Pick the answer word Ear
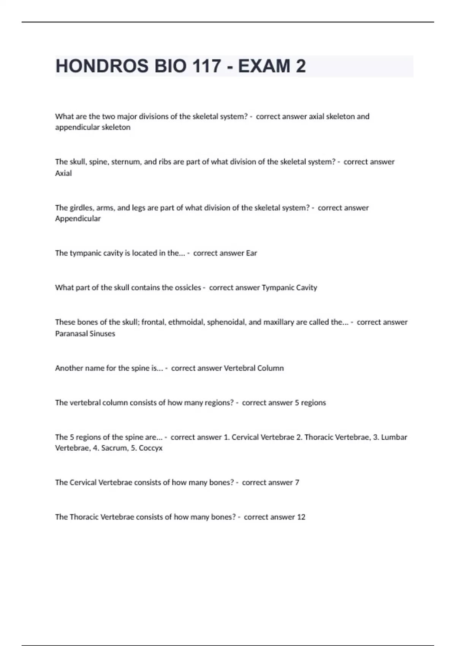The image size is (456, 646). pyautogui.click(x=252, y=253)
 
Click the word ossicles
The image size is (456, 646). pyautogui.click(x=188, y=288)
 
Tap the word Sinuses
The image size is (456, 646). pyautogui.click(x=103, y=334)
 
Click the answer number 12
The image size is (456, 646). pyautogui.click(x=301, y=517)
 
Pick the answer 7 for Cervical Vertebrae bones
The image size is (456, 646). pyautogui.click(x=297, y=483)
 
